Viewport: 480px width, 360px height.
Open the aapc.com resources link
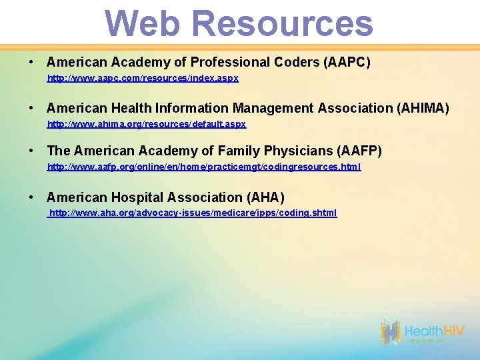point(143,78)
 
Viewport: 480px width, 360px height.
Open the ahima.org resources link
point(147,124)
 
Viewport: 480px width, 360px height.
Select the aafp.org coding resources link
point(204,167)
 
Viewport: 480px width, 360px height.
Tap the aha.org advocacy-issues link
point(193,213)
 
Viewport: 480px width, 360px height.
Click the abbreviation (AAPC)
point(347,63)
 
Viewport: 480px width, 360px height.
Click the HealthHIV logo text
point(433,331)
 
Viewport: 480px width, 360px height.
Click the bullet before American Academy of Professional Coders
point(31,63)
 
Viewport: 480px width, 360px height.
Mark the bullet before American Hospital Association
point(31,197)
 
